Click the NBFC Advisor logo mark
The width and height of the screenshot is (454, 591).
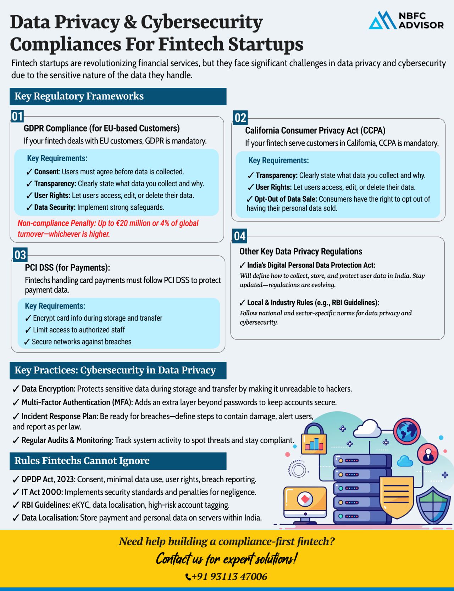[x=382, y=21]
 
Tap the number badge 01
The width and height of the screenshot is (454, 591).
[x=17, y=116]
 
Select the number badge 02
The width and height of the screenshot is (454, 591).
[x=240, y=118]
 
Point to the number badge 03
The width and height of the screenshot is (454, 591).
[x=20, y=255]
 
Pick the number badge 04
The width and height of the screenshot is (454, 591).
[x=240, y=236]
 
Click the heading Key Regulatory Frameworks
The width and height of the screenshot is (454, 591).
[x=79, y=96]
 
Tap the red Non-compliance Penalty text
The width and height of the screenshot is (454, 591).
[x=108, y=228]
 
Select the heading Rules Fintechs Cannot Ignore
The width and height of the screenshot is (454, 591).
[x=82, y=461]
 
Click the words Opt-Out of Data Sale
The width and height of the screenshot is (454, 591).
[x=286, y=199]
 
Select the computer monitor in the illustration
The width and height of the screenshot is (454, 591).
[x=305, y=503]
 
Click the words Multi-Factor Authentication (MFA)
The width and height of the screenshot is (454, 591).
[x=77, y=403]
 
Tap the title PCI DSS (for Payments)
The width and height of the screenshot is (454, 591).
[x=67, y=268]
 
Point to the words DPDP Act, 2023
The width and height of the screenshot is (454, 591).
[x=49, y=479]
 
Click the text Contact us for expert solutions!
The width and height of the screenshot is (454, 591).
[x=226, y=559]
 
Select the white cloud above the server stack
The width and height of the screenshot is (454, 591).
[x=367, y=428]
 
